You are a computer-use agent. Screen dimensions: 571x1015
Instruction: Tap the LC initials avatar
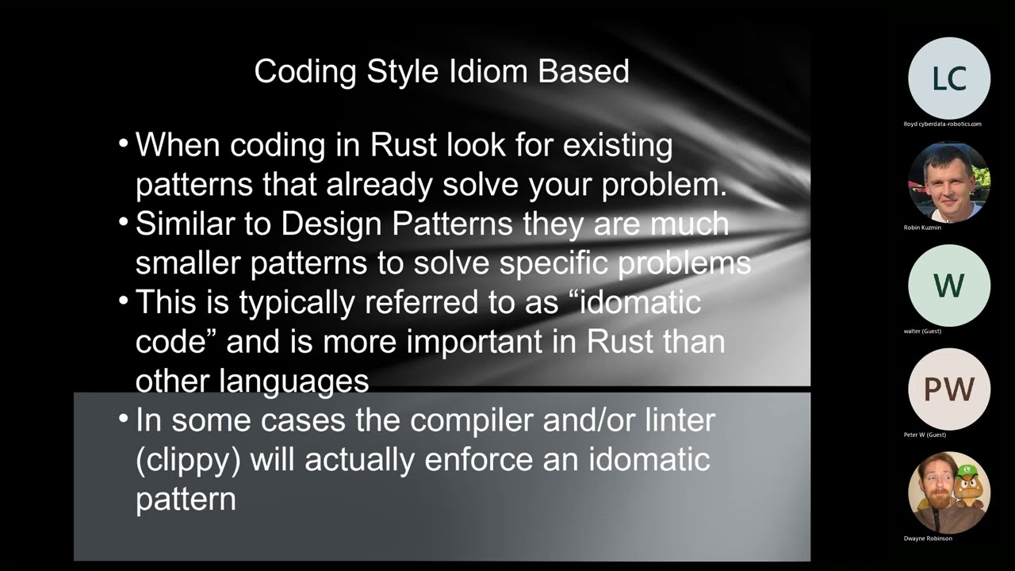click(x=948, y=79)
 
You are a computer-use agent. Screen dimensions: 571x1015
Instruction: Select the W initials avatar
click(x=948, y=285)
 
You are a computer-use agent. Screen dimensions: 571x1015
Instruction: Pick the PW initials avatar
click(x=948, y=389)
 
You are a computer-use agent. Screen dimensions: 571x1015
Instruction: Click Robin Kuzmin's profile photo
click(x=948, y=182)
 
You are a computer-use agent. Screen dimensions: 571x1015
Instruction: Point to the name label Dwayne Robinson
click(x=928, y=538)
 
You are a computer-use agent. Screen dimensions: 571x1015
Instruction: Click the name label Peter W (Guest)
click(x=925, y=435)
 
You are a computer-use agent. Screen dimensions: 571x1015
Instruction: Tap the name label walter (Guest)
click(x=922, y=331)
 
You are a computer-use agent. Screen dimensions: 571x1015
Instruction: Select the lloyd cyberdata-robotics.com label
click(x=942, y=124)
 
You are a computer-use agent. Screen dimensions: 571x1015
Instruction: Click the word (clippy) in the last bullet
click(x=188, y=460)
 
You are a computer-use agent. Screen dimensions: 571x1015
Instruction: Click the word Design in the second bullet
click(x=332, y=224)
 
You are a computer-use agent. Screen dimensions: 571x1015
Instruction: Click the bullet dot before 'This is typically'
click(x=123, y=301)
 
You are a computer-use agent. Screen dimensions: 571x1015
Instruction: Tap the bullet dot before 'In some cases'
click(x=123, y=418)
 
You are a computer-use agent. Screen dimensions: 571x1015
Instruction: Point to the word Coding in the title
click(x=306, y=71)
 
